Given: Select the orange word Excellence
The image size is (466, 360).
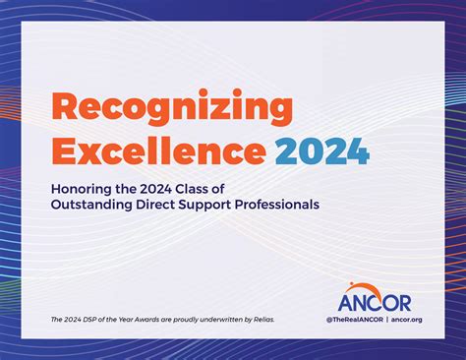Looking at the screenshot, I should pos(158,151).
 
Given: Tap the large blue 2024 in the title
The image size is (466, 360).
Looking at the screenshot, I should pos(323,151).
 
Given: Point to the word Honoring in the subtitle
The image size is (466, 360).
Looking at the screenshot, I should pos(84,189).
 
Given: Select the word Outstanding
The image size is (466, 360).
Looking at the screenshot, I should pos(96,205).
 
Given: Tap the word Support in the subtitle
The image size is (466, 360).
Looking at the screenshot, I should pos(223,205).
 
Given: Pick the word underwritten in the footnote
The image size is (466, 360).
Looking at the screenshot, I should pos(210,320).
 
